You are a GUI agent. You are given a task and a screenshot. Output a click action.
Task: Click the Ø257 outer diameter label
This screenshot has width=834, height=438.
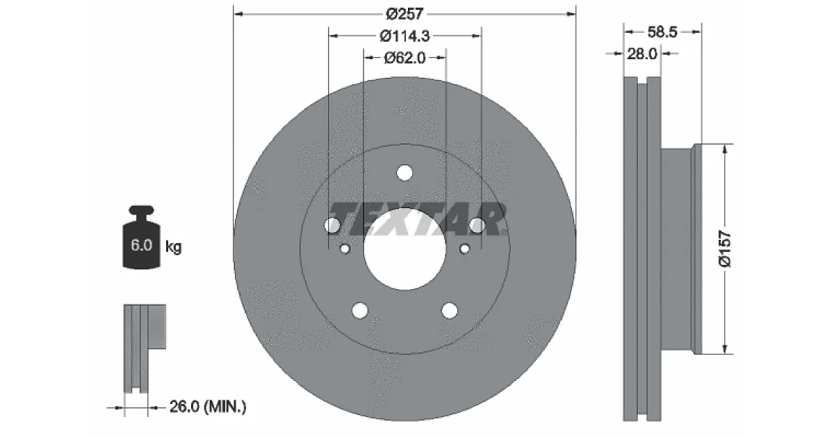click(404, 14)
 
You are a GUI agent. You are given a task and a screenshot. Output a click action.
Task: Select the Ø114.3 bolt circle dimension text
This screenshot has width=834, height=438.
click(404, 36)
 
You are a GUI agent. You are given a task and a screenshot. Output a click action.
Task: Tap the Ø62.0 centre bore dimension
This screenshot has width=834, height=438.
click(404, 58)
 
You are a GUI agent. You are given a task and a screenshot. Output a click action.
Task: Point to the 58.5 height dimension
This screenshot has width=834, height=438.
click(662, 32)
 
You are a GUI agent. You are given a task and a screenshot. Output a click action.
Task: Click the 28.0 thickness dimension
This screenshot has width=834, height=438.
click(642, 54)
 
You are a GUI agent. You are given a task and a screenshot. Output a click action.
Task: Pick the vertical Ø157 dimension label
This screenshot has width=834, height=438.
click(726, 249)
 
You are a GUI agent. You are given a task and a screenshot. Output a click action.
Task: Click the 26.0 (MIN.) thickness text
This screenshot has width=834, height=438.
click(208, 407)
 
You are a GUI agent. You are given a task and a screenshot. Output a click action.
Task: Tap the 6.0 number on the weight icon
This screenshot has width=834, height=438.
click(142, 245)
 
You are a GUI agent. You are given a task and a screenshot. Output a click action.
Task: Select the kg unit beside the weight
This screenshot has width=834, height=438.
click(174, 247)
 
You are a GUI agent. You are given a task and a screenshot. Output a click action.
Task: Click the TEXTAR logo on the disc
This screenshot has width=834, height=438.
click(417, 220)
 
